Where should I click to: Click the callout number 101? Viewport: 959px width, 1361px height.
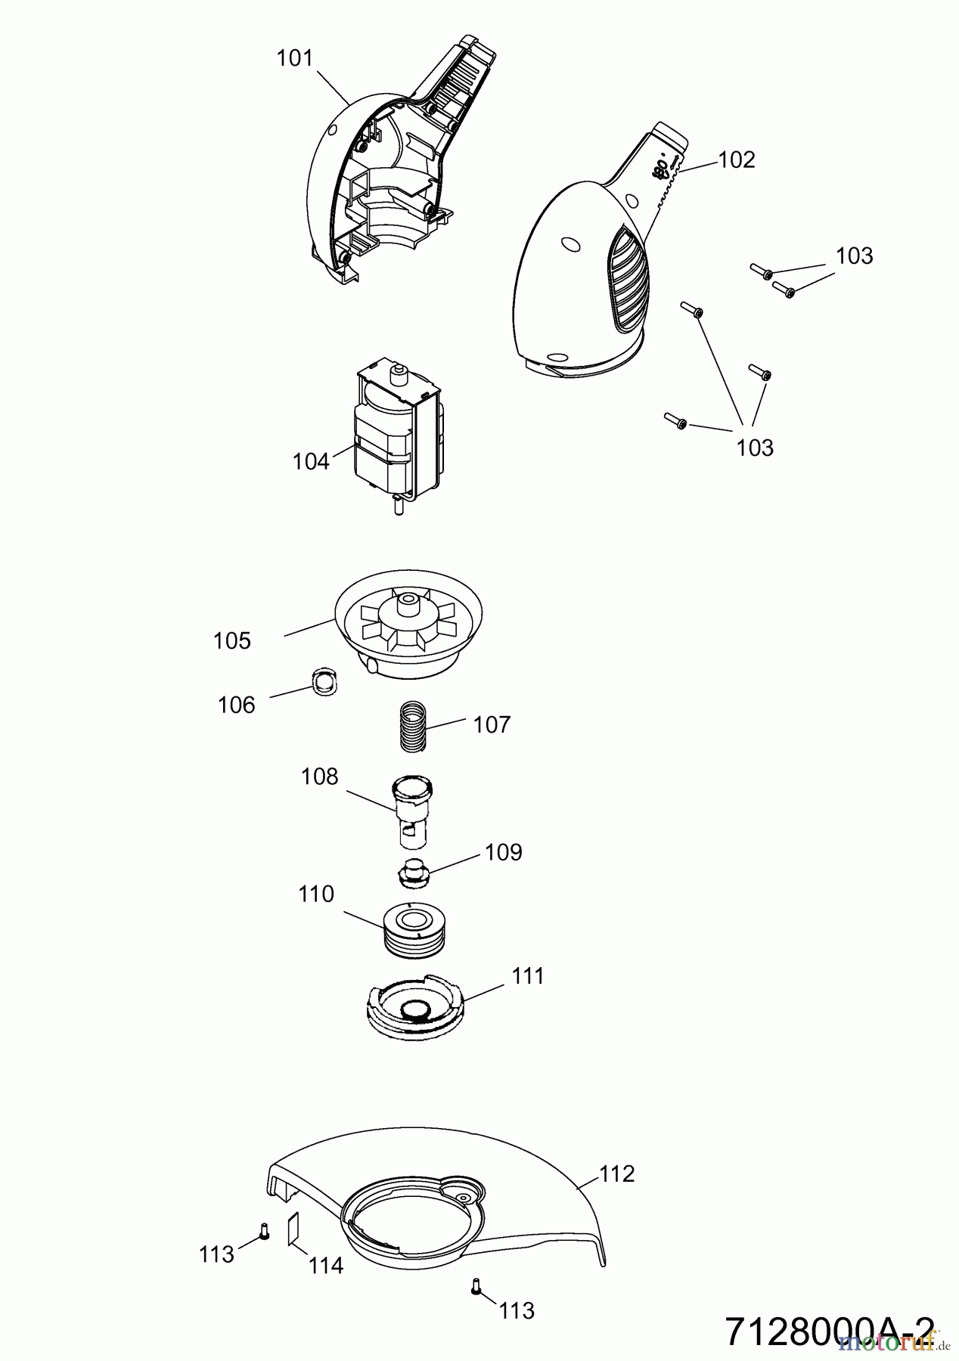pos(295,57)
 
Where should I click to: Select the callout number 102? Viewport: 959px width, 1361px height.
pos(736,160)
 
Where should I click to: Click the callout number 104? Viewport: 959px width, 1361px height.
pos(311,461)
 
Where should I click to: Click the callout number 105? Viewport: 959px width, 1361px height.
pos(231,640)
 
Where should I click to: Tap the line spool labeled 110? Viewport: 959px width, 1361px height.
pos(414,930)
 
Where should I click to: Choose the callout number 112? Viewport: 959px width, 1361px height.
pos(617,1173)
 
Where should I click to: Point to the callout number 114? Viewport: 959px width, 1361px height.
pos(326,1264)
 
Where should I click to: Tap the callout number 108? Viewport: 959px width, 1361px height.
pos(319,777)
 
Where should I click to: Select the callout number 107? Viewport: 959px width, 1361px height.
pos(492,724)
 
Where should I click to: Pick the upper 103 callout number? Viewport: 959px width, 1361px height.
pos(854,256)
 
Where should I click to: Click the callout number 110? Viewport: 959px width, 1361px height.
pos(316,894)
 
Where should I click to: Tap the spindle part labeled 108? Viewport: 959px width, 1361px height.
pos(413,813)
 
